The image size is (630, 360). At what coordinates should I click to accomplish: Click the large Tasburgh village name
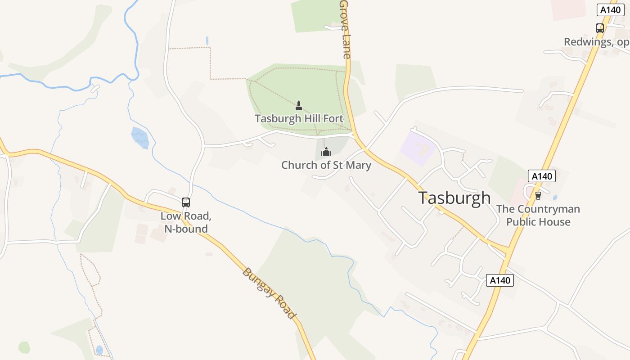(x=454, y=198)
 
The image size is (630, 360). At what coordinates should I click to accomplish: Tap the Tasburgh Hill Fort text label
(x=299, y=119)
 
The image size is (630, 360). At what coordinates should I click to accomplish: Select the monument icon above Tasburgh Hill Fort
(x=298, y=106)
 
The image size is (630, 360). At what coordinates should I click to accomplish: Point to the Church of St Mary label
(x=326, y=165)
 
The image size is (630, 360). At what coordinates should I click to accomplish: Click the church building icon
(x=326, y=152)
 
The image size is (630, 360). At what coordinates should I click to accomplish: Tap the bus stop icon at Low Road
(x=186, y=202)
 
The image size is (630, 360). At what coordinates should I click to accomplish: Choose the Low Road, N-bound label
(x=186, y=222)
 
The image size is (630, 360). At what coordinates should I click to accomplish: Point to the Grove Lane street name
(x=345, y=29)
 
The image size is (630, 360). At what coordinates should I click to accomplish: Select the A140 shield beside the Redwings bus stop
(x=611, y=10)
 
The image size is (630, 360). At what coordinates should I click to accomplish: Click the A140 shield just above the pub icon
(x=542, y=176)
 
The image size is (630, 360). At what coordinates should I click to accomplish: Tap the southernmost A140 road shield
(x=500, y=280)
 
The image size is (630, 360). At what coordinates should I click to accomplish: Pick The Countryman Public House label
(x=538, y=216)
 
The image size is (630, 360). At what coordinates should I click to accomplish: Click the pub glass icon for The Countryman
(x=538, y=195)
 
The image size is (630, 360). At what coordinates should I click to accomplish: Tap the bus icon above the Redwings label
(x=600, y=28)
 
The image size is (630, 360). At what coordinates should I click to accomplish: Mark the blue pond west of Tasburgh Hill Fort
(x=140, y=137)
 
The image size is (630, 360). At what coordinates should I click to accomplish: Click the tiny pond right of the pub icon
(x=554, y=197)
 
